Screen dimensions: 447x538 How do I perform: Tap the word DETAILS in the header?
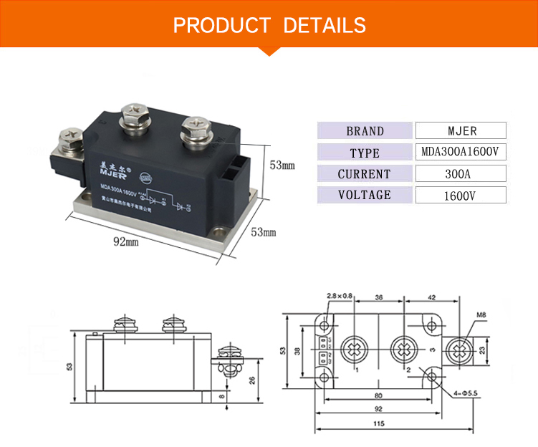coord(325,25)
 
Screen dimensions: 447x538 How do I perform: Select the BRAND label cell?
coord(365,131)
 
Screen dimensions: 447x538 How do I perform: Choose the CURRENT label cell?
coord(365,174)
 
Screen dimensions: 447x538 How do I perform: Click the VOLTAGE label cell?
coord(365,195)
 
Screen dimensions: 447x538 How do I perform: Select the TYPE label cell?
coord(365,153)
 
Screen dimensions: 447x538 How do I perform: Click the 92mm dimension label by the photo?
coord(127,242)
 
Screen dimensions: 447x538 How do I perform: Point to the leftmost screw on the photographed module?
coord(73,135)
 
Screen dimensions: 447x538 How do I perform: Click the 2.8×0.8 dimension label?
coord(340,296)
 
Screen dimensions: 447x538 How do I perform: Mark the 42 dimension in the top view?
coord(432,296)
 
